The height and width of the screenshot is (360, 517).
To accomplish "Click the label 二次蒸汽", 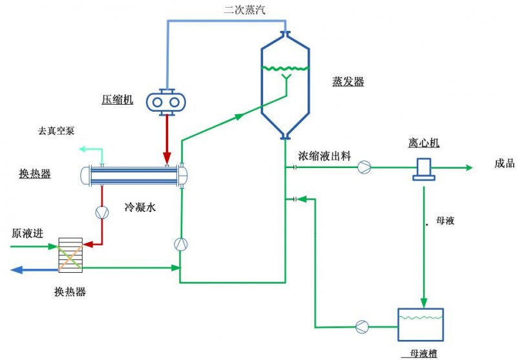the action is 244,10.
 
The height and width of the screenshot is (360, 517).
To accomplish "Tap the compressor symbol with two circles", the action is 166,102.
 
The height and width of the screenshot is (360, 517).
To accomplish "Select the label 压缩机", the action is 118,100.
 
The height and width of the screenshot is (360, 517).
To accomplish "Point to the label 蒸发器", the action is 348,81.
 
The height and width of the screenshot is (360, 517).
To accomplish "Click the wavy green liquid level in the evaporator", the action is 285,69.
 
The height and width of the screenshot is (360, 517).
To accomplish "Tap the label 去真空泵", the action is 56,131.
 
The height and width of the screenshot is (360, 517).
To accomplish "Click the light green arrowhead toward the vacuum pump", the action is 83,149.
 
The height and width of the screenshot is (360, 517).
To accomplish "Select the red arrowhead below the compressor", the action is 167,157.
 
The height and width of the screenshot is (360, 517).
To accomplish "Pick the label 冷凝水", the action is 140,207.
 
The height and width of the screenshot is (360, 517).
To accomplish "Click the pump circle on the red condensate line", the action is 102,213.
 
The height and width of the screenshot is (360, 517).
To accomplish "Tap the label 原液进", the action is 27,233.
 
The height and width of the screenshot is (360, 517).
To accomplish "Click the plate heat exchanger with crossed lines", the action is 70,255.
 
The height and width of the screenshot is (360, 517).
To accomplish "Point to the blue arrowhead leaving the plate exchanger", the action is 17,270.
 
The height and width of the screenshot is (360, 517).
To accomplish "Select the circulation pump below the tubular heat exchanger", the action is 181,244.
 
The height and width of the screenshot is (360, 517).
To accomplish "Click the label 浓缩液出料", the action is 324,156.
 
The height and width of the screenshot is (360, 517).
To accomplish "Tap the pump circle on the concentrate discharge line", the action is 364,167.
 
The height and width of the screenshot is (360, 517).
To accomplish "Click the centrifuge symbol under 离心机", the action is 424,169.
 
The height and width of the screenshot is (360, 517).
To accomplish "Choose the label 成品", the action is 505,163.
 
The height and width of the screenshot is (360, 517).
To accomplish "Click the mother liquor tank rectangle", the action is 421,324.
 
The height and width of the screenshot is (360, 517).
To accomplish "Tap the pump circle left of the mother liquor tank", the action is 362,326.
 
